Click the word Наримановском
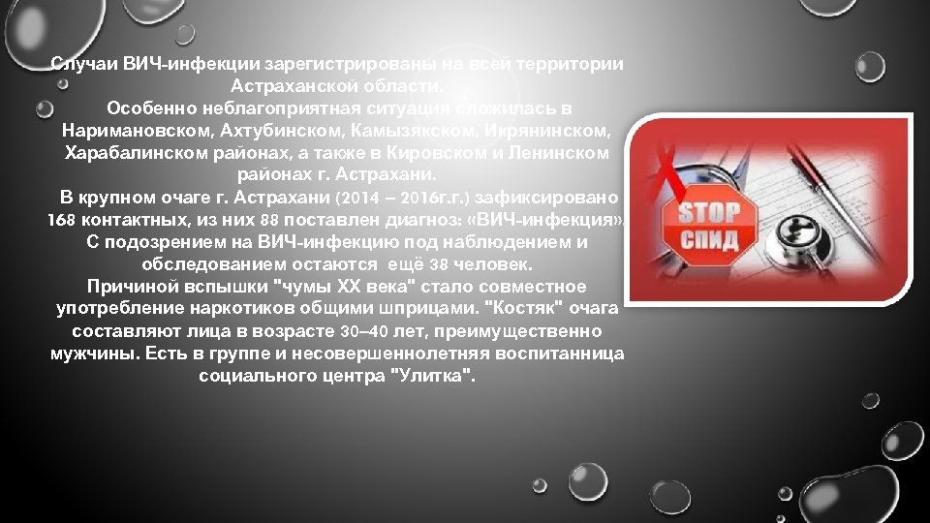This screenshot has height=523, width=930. (x=130, y=130)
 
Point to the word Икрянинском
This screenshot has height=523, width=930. (x=536, y=130)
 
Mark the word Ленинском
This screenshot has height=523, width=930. (x=562, y=153)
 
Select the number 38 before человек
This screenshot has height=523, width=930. (x=439, y=264)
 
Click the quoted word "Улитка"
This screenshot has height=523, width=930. (x=431, y=376)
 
